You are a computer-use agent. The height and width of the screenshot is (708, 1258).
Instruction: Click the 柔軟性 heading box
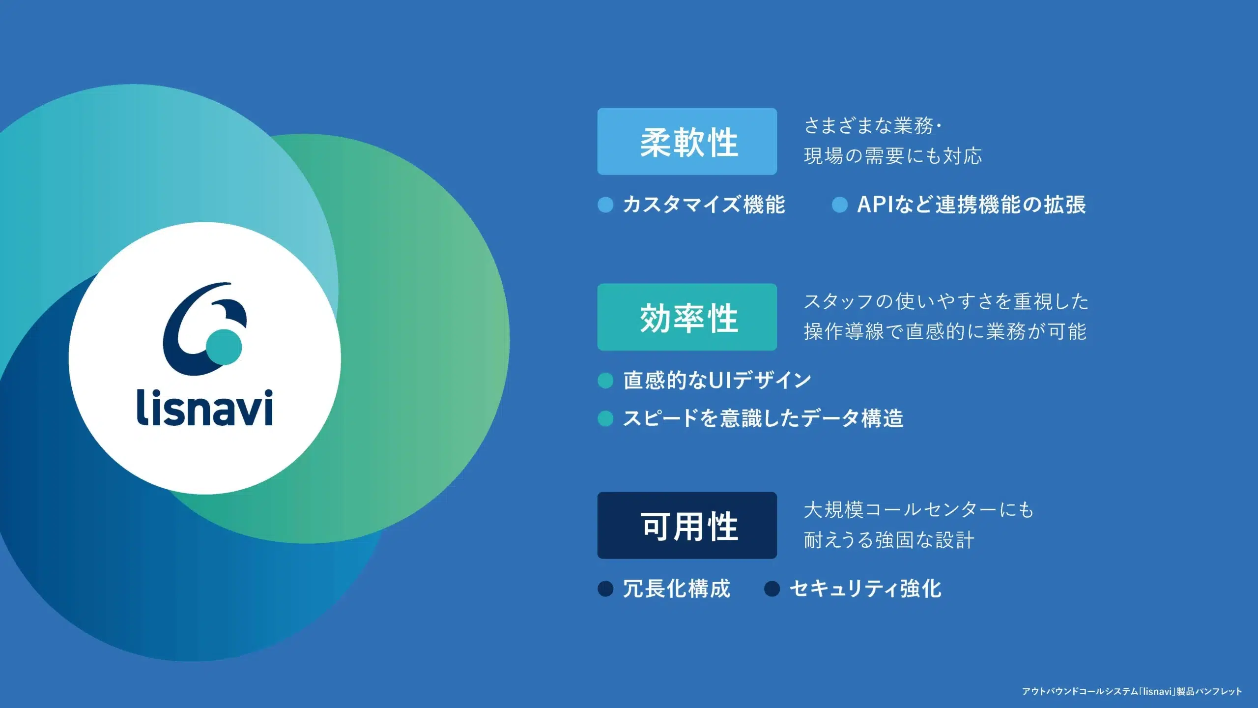point(687,141)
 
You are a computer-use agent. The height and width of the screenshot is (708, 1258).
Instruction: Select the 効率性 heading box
point(687,317)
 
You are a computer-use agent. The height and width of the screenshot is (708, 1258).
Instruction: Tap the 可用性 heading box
point(687,525)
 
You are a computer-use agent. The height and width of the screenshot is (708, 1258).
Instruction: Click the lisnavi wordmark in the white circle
point(204,407)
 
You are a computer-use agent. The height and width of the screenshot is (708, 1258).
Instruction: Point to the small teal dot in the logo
point(224,347)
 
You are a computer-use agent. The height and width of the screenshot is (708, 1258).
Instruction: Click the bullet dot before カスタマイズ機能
point(605,205)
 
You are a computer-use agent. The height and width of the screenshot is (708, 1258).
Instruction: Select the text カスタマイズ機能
point(704,205)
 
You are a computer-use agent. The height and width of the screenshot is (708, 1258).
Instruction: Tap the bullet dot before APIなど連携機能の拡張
point(840,205)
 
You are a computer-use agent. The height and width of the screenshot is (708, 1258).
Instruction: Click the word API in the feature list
point(875,205)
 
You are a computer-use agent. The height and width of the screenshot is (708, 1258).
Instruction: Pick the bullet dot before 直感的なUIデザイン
point(605,380)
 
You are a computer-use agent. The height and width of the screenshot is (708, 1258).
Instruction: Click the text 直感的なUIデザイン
point(717,380)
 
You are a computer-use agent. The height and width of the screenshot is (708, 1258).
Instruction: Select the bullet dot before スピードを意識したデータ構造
point(605,418)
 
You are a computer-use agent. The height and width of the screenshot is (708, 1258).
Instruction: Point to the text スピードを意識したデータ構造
point(763,418)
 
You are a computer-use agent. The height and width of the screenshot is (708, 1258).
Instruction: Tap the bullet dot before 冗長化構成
point(605,589)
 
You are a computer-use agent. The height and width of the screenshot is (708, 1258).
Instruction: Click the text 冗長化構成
point(677,589)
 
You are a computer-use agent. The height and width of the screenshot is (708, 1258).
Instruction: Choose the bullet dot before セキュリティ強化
point(772,589)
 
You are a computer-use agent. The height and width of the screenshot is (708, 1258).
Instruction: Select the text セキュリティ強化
point(865,589)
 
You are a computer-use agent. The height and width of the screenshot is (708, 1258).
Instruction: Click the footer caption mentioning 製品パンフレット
point(1132,691)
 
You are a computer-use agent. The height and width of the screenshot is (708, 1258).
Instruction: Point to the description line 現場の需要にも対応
point(893,156)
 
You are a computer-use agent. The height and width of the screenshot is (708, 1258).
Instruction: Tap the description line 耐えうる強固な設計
point(889,540)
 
